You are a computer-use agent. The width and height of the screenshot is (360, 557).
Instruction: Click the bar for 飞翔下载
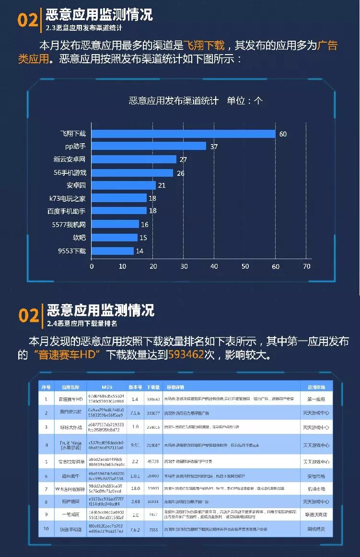pyautogui.click(x=183, y=134)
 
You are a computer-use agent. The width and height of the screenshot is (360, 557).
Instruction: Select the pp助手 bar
pyautogui.click(x=149, y=146)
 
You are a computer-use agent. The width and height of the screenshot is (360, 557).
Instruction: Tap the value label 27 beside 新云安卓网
pyautogui.click(x=183, y=159)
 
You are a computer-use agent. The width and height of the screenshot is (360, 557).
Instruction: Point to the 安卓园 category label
pyautogui.click(x=76, y=185)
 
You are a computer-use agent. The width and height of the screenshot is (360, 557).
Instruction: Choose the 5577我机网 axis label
pyautogui.click(x=69, y=224)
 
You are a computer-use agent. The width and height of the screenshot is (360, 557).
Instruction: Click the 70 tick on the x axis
pyautogui.click(x=306, y=266)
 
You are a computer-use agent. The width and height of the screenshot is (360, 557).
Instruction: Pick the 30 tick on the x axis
pyautogui.click(x=184, y=266)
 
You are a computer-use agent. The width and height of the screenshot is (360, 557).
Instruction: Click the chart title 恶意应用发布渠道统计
pyautogui.click(x=174, y=101)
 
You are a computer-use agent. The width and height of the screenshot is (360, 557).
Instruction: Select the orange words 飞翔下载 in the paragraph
pyautogui.click(x=205, y=45)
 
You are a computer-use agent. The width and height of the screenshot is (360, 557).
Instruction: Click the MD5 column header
pyautogui.click(x=107, y=387)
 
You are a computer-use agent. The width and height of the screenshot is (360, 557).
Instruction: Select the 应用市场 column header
pyautogui.click(x=316, y=387)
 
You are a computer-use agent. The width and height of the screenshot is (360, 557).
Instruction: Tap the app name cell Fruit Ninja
pyautogui.click(x=70, y=445)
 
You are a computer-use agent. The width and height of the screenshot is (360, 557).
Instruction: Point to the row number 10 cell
pyautogui.click(x=46, y=529)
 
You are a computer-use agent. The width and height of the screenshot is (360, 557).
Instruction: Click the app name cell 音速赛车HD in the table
pyautogui.click(x=70, y=398)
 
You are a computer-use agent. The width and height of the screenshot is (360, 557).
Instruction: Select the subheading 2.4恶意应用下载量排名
pyautogui.click(x=82, y=323)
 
